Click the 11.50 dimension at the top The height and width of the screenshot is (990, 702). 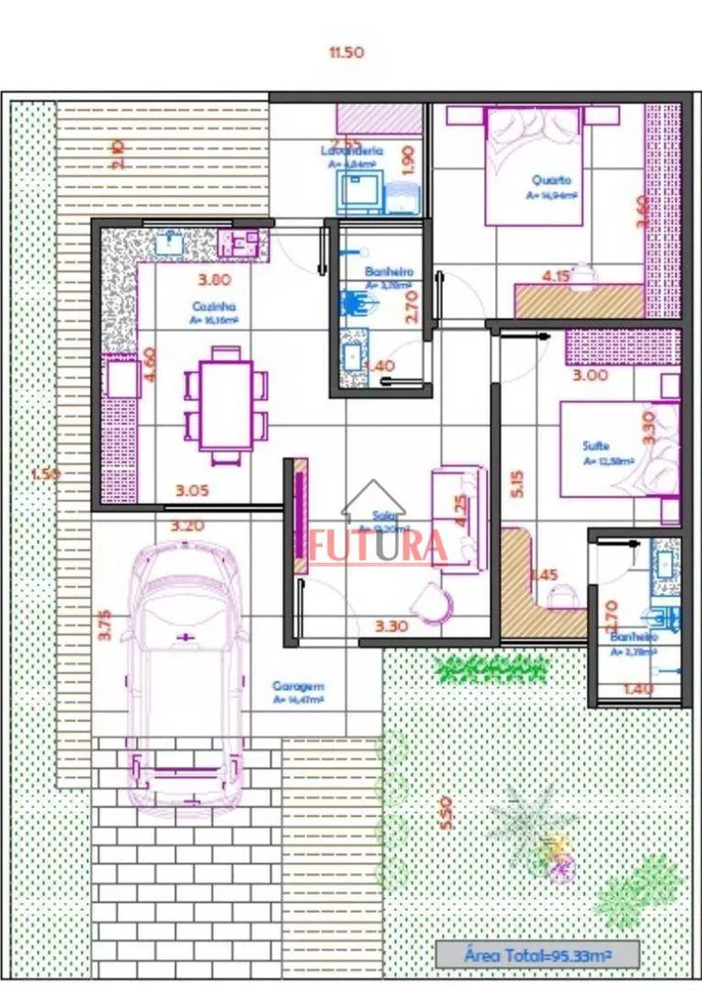[x=347, y=51]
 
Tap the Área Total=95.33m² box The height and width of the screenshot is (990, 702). [x=538, y=955]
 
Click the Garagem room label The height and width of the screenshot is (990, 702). [x=298, y=686]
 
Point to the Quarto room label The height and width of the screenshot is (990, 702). [x=552, y=180]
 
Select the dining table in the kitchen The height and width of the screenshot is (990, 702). [x=226, y=405]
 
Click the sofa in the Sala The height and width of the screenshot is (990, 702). [x=455, y=515]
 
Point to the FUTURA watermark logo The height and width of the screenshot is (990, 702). [x=379, y=544]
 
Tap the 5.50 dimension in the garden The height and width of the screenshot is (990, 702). [x=447, y=814]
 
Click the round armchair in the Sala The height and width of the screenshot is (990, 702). [x=434, y=601]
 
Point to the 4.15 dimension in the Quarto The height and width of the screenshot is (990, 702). [x=556, y=276]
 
